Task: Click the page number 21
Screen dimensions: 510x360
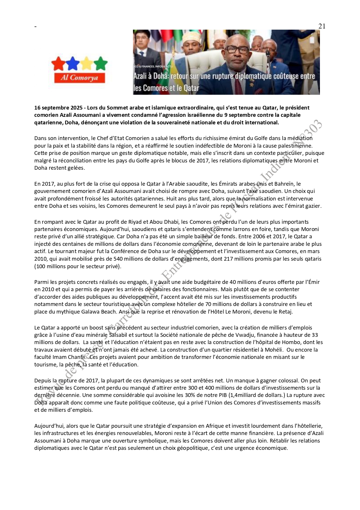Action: tap(322, 26)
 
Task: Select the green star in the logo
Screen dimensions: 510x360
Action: tap(101, 63)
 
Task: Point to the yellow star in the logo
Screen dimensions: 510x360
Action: tap(87, 63)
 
